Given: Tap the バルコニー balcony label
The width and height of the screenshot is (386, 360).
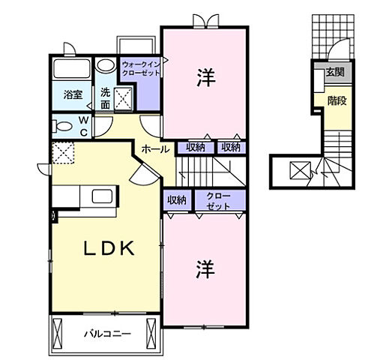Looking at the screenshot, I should click(x=106, y=333).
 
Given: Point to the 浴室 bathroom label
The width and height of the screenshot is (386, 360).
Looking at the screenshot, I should click(x=72, y=95).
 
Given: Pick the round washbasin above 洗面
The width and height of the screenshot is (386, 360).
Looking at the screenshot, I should click(x=106, y=65).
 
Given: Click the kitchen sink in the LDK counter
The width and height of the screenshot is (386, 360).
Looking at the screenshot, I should click(x=102, y=197).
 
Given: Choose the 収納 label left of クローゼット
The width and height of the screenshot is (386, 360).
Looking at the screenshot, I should click(x=176, y=199).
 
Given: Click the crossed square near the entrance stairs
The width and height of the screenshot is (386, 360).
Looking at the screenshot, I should click(x=298, y=172).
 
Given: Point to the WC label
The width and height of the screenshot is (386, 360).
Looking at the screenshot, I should click(x=84, y=126).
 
